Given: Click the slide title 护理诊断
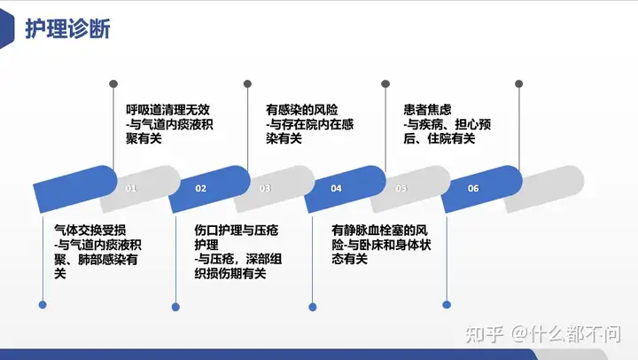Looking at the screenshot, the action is tap(67, 28).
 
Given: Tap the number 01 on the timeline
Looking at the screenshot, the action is tap(131, 188).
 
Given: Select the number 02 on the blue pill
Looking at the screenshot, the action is tap(200, 188).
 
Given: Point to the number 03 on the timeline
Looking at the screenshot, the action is tap(265, 188).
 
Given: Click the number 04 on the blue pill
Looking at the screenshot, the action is tap(336, 188).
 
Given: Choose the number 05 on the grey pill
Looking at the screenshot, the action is tap(401, 188).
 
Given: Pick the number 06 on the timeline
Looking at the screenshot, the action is tap(473, 188).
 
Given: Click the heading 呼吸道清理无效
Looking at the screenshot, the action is tap(167, 110).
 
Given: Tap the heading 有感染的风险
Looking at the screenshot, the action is tap(302, 110).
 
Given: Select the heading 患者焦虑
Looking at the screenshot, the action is tap(428, 110).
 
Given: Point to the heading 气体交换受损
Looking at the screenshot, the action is tap(90, 231).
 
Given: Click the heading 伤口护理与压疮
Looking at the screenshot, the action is tap(237, 231).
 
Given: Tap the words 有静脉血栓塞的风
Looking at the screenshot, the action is tap(379, 231).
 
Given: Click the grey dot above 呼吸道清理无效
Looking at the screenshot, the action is tap(113, 84).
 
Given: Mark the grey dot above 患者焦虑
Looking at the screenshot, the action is tap(385, 84).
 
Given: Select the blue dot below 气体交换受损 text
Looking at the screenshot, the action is tap(43, 305).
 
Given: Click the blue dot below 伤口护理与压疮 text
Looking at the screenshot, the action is tap(175, 307).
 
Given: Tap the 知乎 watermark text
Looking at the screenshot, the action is tap(484, 334).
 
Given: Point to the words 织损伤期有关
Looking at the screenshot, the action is tap(230, 274).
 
